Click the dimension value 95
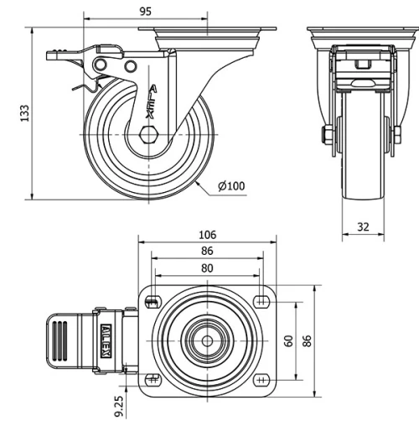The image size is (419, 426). click(145, 12)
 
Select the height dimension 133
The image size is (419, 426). click(24, 111)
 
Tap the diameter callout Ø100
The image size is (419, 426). click(231, 186)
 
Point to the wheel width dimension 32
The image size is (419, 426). click(362, 226)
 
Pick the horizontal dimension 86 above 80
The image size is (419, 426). click(207, 251)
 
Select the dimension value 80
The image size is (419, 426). click(207, 268)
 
